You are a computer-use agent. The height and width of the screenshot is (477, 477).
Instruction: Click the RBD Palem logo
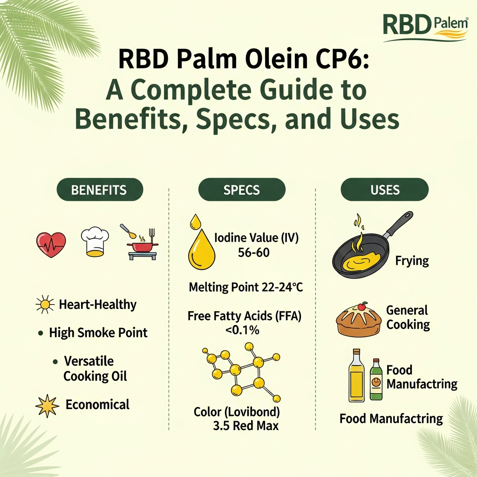[425, 27]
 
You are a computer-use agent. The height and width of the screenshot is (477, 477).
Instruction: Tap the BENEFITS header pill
[99, 190]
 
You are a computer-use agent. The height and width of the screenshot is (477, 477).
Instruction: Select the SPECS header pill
[241, 190]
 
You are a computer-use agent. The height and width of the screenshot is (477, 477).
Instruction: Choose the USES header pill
[385, 190]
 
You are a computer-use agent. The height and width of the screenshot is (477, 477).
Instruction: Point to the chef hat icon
[95, 242]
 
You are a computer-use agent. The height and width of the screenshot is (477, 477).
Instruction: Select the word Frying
[412, 260]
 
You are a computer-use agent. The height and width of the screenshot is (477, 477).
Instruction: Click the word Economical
[97, 404]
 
